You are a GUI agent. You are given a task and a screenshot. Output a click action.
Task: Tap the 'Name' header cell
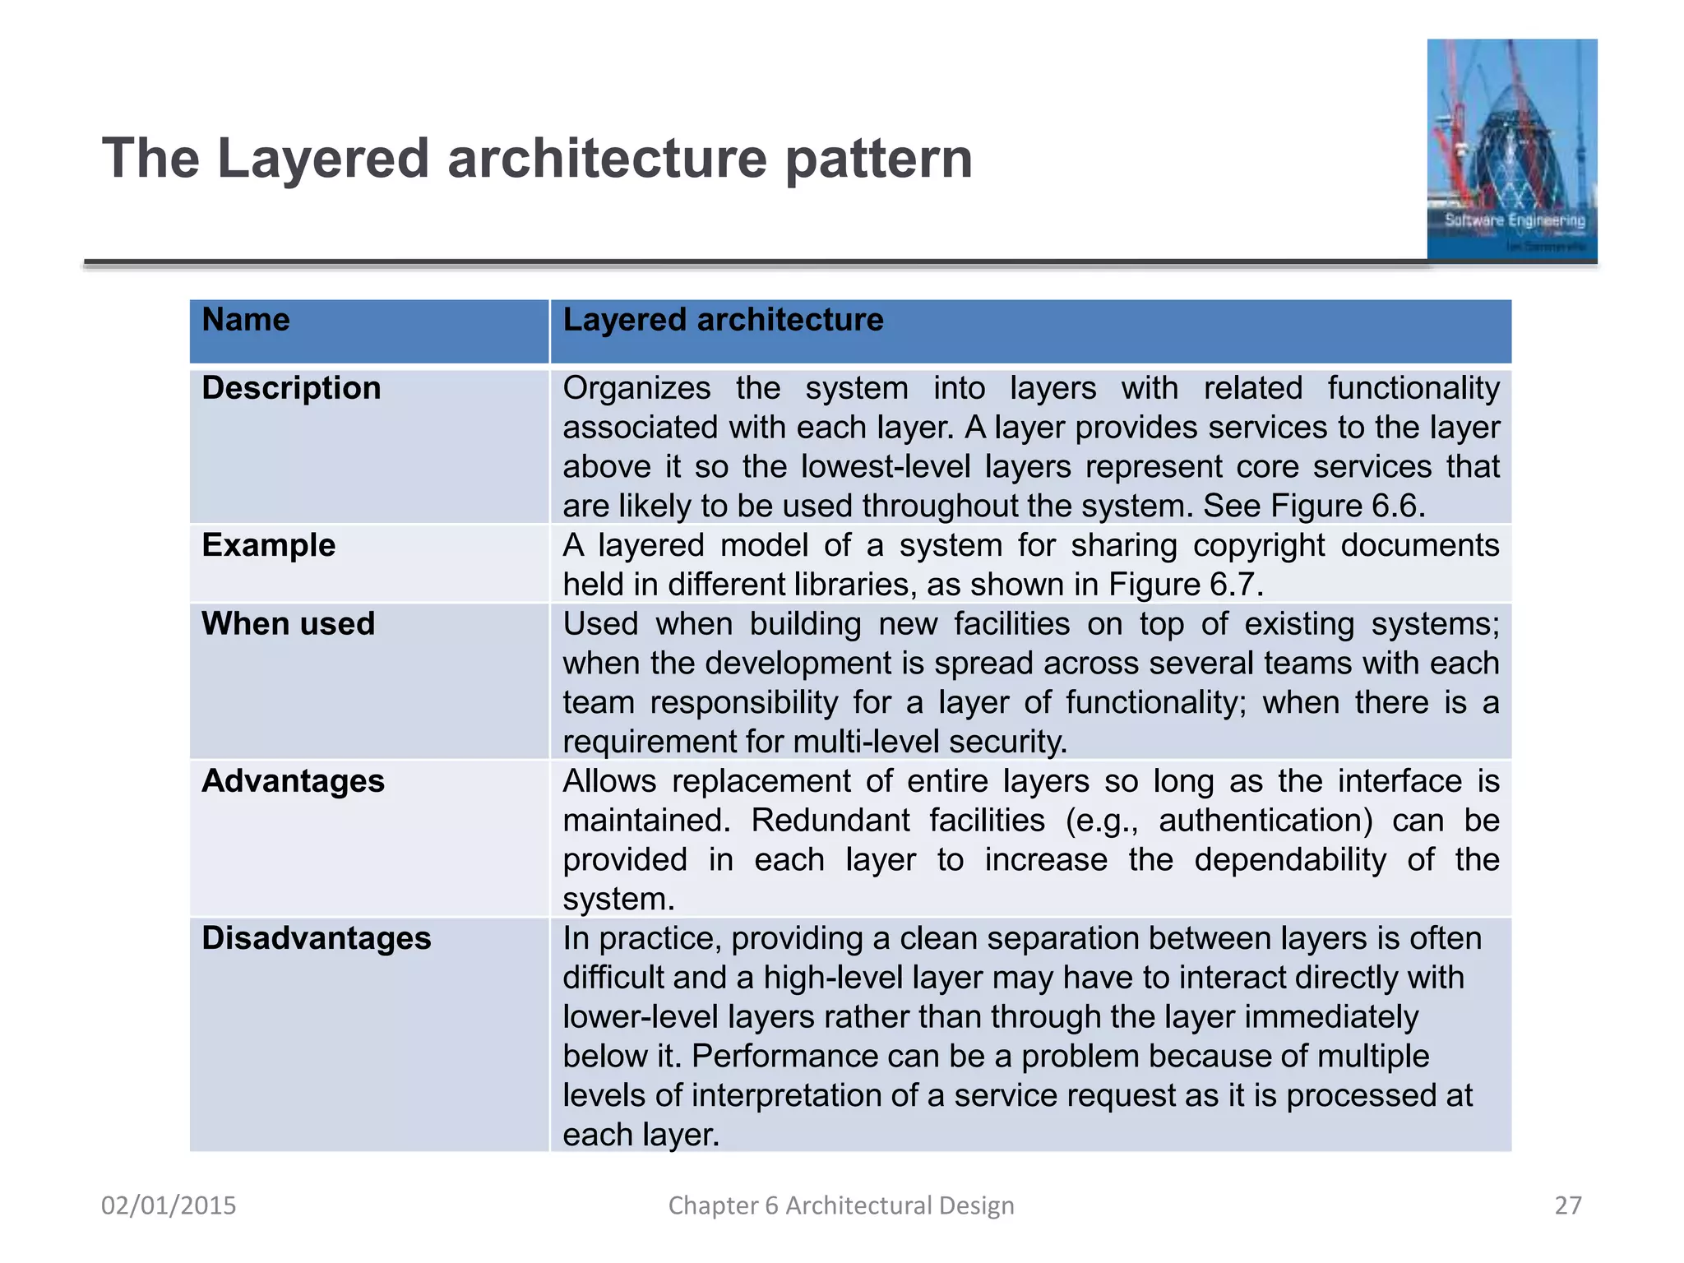(x=246, y=320)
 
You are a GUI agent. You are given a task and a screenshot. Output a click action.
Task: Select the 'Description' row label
(x=291, y=388)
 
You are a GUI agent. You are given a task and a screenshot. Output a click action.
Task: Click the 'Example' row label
(x=268, y=545)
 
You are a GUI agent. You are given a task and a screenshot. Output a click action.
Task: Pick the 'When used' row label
(x=288, y=624)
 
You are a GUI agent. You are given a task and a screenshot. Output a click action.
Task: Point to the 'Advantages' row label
(x=293, y=781)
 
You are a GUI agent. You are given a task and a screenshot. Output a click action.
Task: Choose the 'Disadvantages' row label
(x=316, y=938)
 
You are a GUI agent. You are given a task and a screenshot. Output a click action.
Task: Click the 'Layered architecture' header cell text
(x=723, y=320)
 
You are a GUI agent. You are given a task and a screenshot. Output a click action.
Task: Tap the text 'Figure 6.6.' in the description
(x=1348, y=506)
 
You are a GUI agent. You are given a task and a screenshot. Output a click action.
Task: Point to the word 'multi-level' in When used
(x=869, y=742)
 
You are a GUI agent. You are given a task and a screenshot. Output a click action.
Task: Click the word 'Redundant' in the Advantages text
(x=830, y=821)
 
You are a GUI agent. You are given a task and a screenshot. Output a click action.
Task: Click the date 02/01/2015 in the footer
(x=169, y=1205)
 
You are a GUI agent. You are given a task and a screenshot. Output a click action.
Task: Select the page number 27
(x=1567, y=1205)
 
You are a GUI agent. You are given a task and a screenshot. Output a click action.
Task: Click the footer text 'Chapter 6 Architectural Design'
(x=841, y=1205)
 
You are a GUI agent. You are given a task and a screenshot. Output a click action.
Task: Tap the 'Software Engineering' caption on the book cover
(x=1515, y=220)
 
